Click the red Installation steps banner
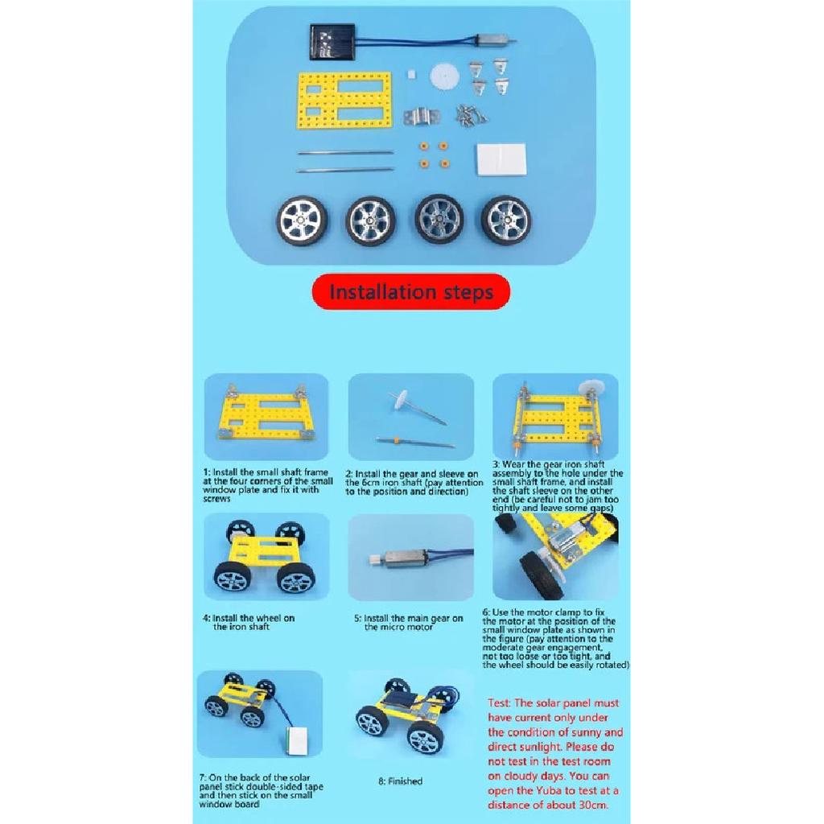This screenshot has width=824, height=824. [411, 291]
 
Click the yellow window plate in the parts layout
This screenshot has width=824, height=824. [345, 101]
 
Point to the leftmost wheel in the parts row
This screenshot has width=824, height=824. [303, 220]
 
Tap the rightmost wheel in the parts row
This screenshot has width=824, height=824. [506, 220]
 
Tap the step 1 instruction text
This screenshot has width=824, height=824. [266, 485]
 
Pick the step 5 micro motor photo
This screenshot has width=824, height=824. [410, 557]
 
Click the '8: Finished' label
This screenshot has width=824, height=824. [400, 781]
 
